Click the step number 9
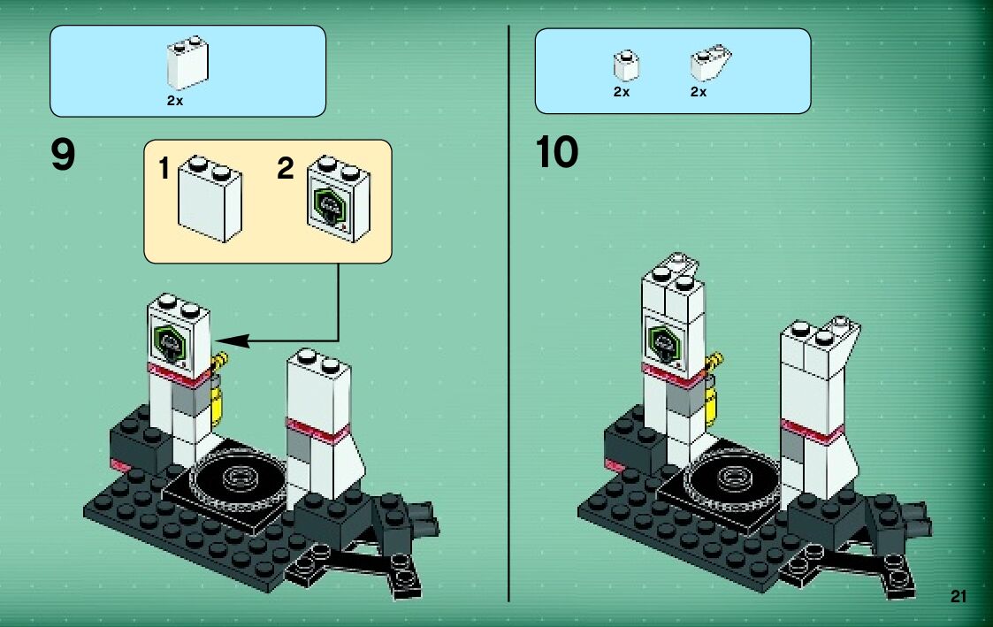(64, 157)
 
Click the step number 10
(556, 152)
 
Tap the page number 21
(959, 598)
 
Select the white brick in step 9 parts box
(187, 65)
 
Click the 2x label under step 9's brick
(174, 101)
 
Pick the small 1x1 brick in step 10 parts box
(626, 65)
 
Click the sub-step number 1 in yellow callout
(164, 168)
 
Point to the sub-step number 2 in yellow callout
(285, 168)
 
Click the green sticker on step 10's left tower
(662, 340)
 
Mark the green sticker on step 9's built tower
(169, 341)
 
